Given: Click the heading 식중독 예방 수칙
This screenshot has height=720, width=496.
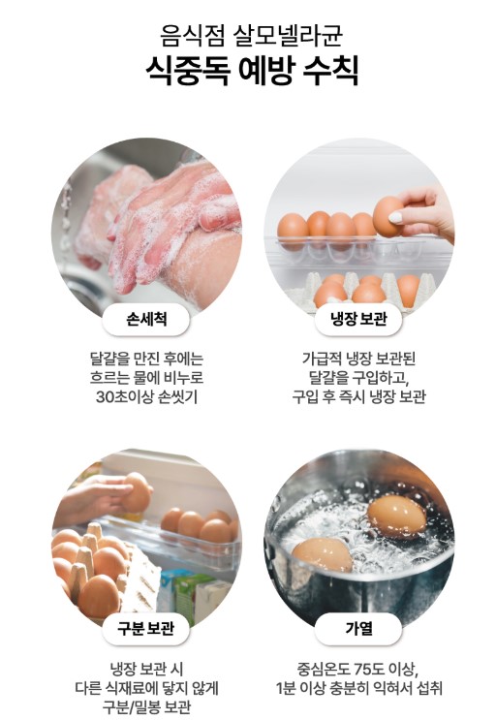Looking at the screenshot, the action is (x=252, y=71).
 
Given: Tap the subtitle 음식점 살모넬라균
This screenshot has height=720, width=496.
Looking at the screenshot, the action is (x=252, y=35).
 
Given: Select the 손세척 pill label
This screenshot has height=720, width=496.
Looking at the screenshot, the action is (x=146, y=319).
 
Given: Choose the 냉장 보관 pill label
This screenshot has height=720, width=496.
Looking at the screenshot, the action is (x=358, y=319).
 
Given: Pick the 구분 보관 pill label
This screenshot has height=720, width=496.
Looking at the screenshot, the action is (x=146, y=628).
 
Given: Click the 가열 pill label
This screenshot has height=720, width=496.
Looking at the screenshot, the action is (x=358, y=628).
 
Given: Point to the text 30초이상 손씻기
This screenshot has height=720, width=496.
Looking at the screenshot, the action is (x=146, y=396).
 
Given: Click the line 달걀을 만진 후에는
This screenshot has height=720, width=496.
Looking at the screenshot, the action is (x=146, y=359).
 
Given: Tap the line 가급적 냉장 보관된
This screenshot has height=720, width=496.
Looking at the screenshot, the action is (x=358, y=359).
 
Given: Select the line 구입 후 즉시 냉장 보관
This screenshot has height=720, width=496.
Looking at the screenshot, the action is (x=358, y=396).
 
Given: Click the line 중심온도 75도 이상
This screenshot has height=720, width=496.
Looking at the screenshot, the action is (x=357, y=669).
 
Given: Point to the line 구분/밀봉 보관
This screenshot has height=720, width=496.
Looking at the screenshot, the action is (x=146, y=706).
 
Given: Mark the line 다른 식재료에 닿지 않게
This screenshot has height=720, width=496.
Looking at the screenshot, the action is (x=146, y=688).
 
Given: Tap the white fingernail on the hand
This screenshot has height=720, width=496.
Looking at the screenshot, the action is (x=395, y=217).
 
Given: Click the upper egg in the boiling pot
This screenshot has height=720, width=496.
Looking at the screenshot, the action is (x=397, y=517).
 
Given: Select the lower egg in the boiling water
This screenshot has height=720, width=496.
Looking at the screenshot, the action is (x=323, y=554).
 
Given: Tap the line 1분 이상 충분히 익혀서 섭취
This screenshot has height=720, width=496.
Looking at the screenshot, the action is (x=358, y=688).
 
